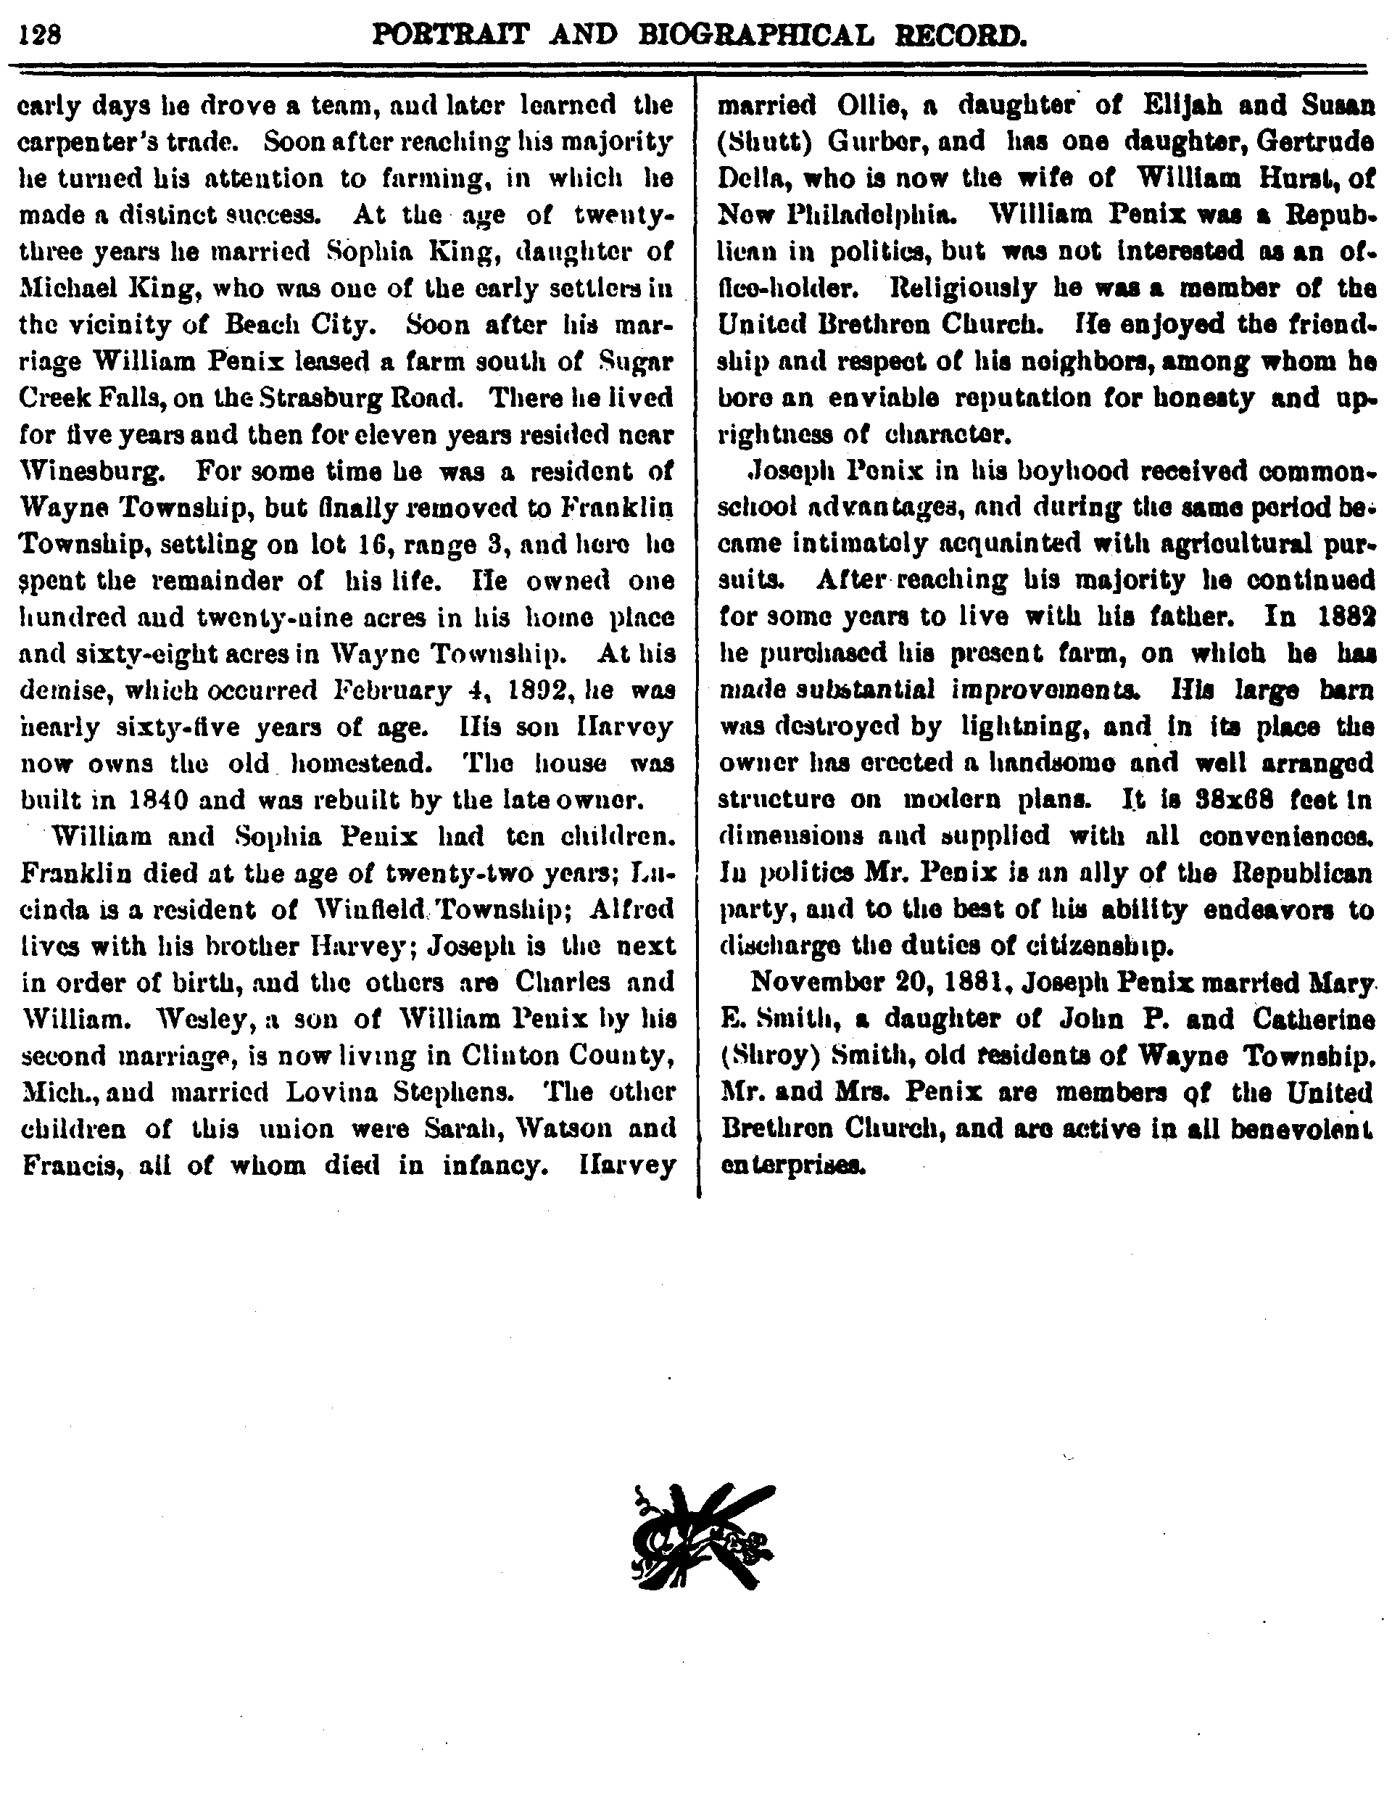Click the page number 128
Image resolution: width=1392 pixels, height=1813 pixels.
pos(41,36)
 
